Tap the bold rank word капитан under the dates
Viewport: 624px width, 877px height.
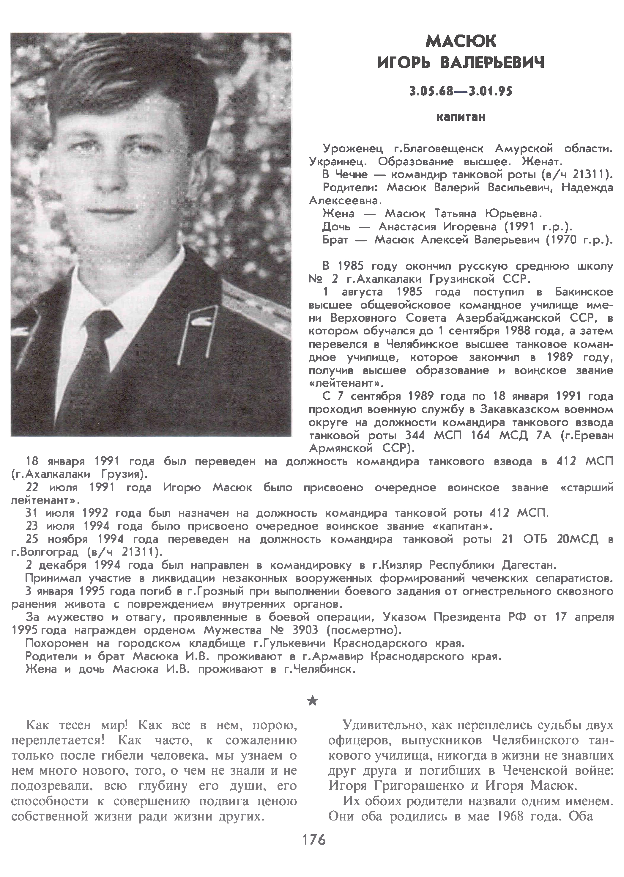click(x=461, y=117)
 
